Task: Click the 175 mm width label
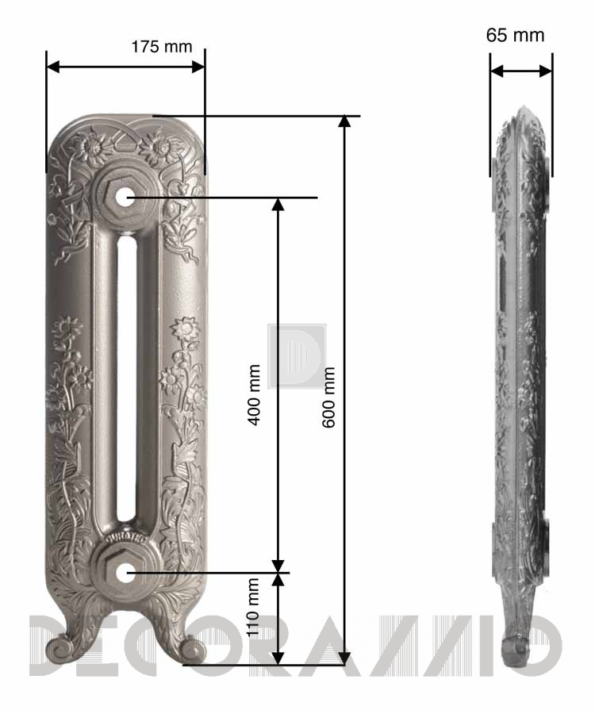pyautogui.click(x=162, y=47)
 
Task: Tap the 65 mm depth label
pyautogui.click(x=515, y=35)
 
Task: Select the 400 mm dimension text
pyautogui.click(x=254, y=394)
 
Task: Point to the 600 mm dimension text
pyautogui.click(x=328, y=397)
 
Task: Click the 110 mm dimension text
pyautogui.click(x=252, y=607)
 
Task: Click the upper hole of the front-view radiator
pyautogui.click(x=123, y=198)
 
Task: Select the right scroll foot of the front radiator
pyautogui.click(x=192, y=648)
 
